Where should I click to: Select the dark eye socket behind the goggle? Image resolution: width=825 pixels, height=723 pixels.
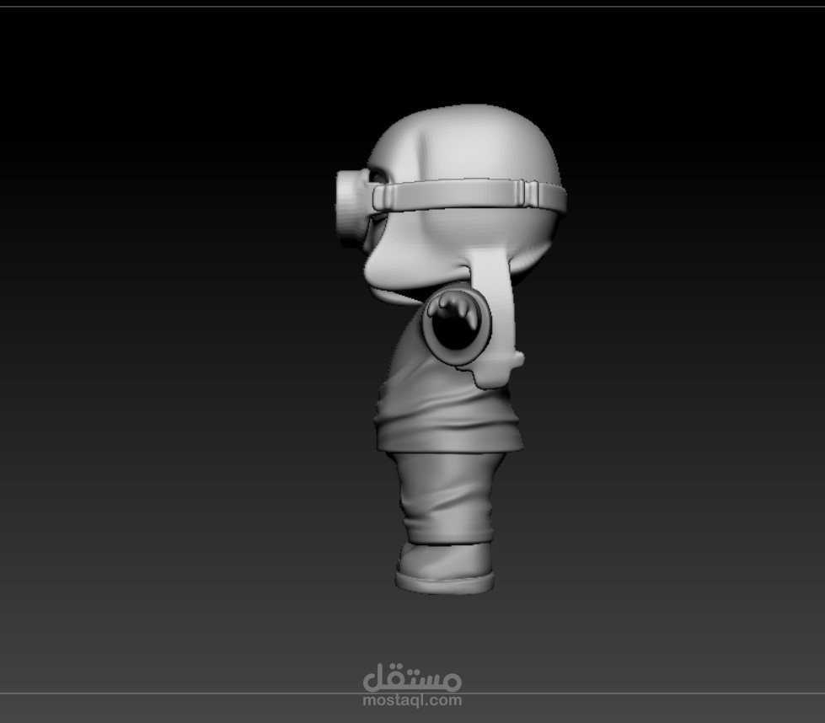tap(380, 175)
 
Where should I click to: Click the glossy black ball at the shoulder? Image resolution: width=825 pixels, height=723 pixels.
tap(453, 320)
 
